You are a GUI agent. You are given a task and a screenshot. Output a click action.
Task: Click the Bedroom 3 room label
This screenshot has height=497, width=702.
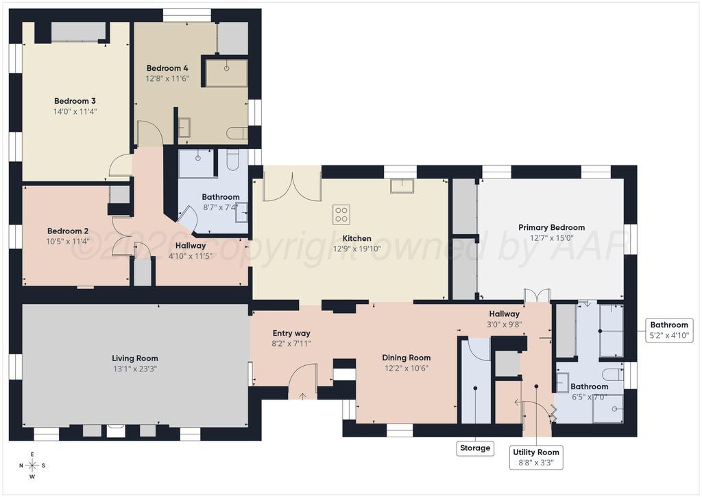tap(75, 102)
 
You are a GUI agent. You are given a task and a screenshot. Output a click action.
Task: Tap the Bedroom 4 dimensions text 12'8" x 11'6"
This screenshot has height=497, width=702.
tap(167, 79)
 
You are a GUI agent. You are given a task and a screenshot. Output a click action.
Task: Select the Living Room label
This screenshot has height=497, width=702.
tap(135, 358)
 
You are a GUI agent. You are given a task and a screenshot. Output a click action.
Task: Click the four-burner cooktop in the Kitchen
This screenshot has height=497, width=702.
tap(341, 214)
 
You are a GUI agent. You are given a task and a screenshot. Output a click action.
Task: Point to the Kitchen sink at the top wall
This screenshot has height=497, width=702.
tap(402, 185)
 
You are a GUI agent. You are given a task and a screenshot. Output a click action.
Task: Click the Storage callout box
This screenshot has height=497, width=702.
tap(475, 448)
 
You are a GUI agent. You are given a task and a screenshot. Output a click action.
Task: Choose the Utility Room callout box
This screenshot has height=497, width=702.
tap(536, 457)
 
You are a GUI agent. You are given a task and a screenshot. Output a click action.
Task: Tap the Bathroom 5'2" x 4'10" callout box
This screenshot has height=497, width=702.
tap(669, 330)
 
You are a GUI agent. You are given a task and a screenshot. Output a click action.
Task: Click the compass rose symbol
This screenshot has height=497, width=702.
tap(32, 465)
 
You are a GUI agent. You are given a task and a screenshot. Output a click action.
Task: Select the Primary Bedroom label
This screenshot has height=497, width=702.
tap(551, 227)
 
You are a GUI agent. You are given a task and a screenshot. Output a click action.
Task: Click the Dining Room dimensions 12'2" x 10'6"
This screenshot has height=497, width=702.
tap(406, 369)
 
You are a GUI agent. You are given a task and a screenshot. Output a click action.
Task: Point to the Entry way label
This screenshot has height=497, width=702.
tap(291, 333)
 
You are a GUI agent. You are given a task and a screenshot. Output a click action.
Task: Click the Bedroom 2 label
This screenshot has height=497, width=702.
tap(68, 231)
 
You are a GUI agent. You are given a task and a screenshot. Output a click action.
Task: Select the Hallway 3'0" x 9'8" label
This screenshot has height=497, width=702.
tap(504, 319)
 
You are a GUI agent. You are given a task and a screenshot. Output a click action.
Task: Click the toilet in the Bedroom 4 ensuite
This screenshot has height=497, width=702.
tap(237, 133)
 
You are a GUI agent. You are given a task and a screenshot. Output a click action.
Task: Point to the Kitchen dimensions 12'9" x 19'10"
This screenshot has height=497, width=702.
tap(356, 249)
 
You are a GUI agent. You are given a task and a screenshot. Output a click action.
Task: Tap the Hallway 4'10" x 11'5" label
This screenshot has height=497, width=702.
tap(191, 251)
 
